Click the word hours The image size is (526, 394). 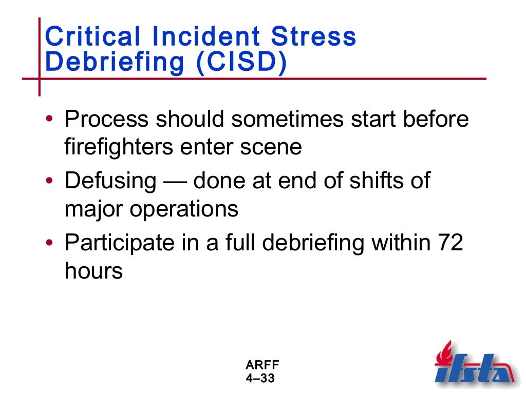tap(93, 270)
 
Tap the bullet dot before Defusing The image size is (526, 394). tap(49, 182)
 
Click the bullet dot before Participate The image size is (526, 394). tap(49, 244)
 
